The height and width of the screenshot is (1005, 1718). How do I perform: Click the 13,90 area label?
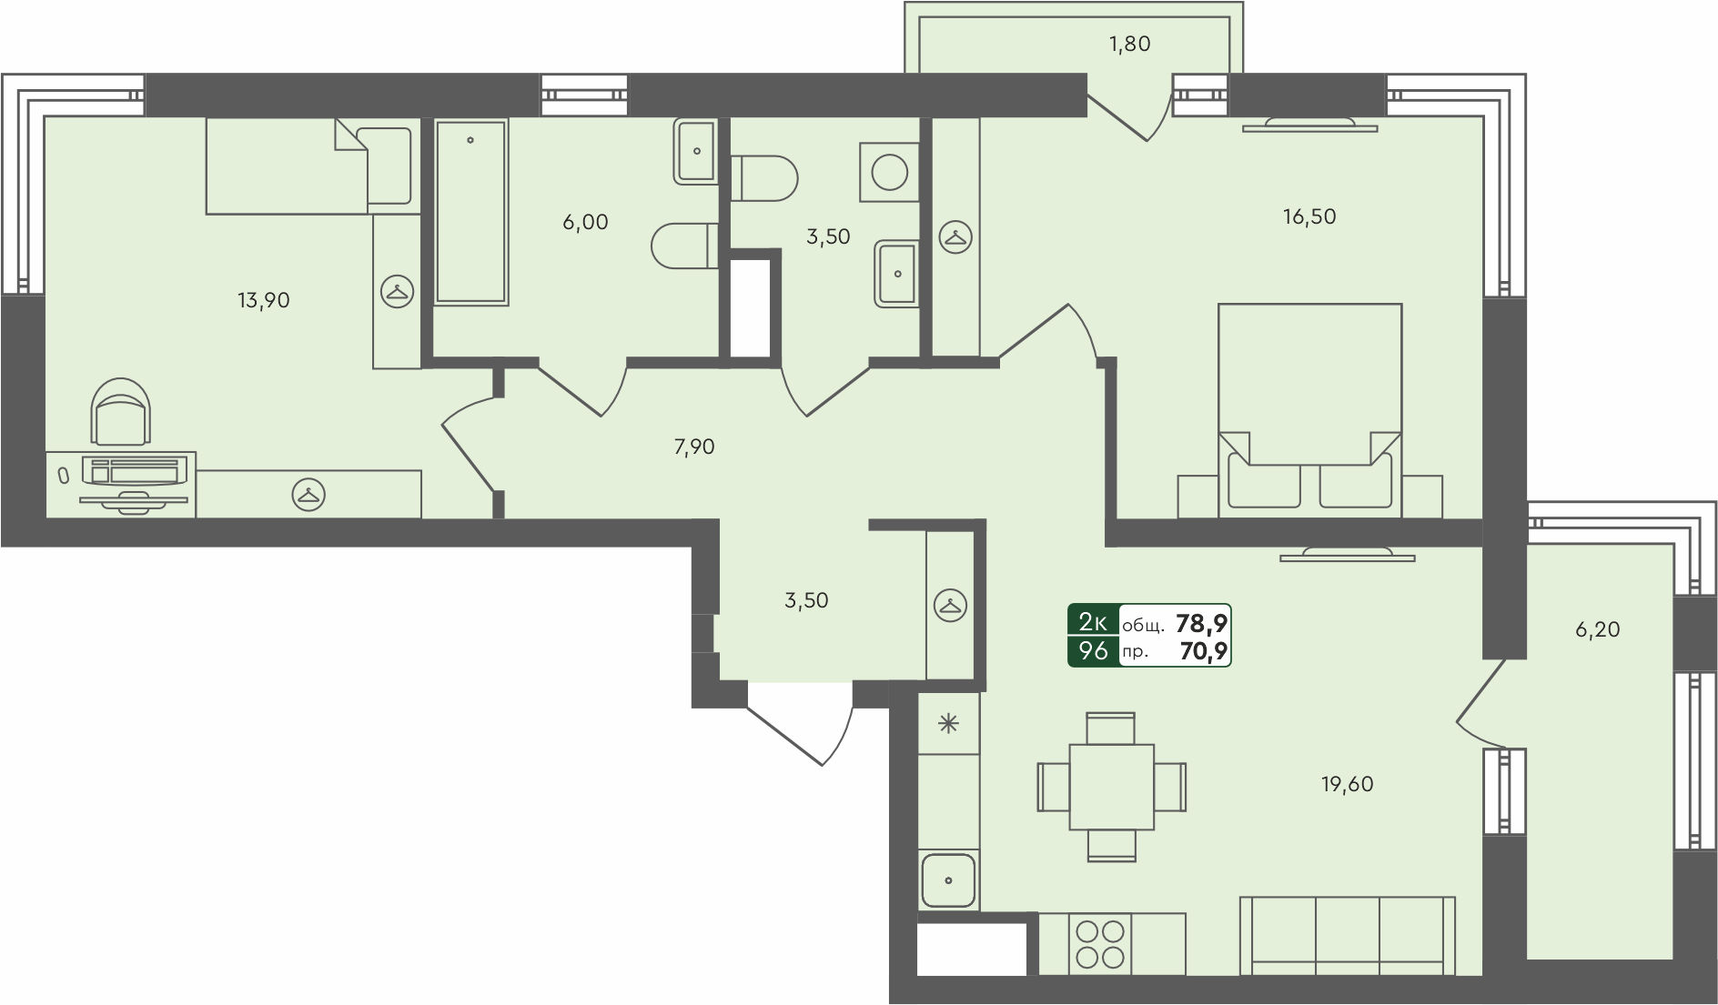(x=264, y=300)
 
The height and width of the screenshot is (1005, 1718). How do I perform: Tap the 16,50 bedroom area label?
(x=1309, y=216)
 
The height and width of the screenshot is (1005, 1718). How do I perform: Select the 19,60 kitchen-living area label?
(x=1347, y=784)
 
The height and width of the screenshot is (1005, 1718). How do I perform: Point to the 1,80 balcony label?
(x=1129, y=44)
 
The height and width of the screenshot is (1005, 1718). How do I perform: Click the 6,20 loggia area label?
(x=1597, y=629)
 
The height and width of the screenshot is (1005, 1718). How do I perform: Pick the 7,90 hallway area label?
(x=694, y=447)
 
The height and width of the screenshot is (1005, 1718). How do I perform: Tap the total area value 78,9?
(x=1201, y=623)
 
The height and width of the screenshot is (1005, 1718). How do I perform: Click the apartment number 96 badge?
(x=1093, y=651)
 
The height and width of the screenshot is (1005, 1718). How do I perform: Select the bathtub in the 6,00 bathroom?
(x=470, y=211)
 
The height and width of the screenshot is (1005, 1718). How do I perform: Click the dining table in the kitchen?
(x=1111, y=787)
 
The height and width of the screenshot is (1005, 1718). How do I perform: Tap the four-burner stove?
(x=1100, y=943)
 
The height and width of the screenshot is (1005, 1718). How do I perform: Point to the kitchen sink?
(x=948, y=880)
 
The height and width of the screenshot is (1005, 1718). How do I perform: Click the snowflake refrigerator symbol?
(x=948, y=724)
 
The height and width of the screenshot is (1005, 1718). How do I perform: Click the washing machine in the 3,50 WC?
(x=888, y=171)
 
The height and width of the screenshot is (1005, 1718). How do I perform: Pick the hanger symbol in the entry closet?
(x=950, y=605)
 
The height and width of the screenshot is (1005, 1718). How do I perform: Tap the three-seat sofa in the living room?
(x=1348, y=936)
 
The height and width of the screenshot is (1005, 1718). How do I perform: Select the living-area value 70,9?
(x=1203, y=651)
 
